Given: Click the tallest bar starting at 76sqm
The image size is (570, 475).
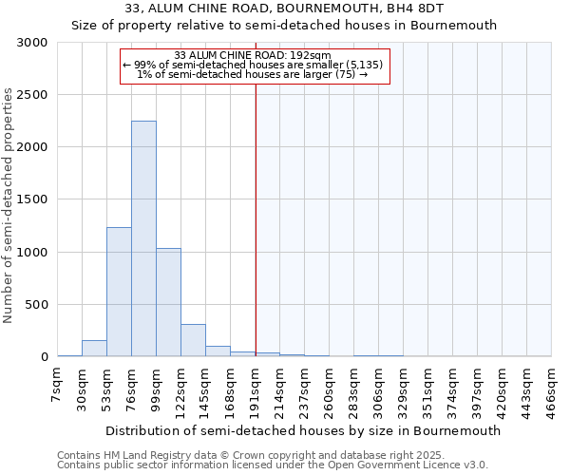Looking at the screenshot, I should pos(143,238).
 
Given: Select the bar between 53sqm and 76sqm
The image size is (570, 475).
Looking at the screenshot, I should pos(119,292).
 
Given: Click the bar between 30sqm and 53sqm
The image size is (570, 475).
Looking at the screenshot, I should pos(94,349).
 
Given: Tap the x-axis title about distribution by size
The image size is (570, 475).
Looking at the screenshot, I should pos(302,430).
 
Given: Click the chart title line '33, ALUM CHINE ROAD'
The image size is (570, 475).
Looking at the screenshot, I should pos(284,9).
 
